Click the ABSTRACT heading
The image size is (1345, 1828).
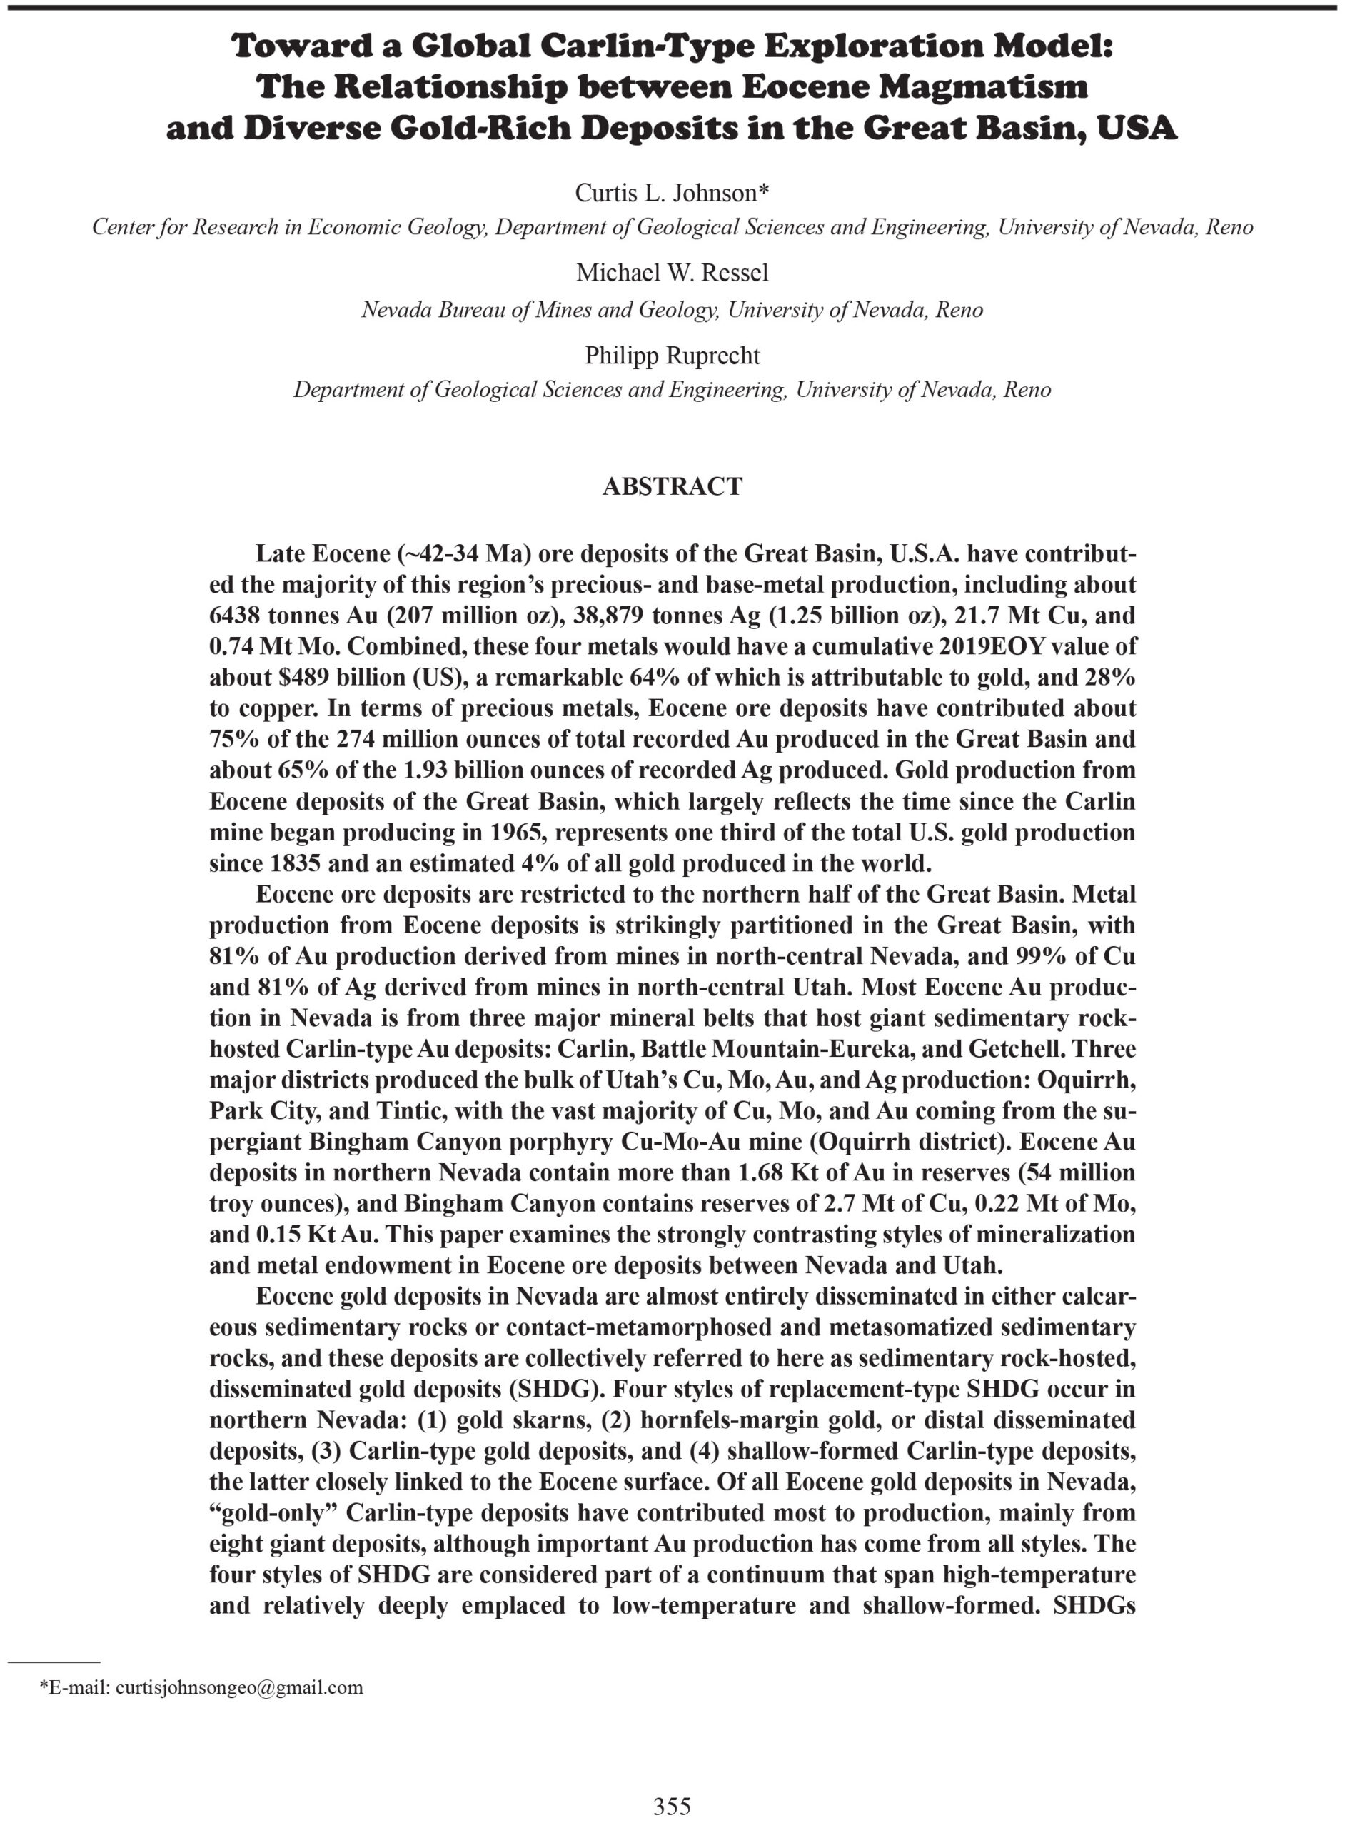click(672, 486)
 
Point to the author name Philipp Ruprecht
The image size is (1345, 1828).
click(672, 356)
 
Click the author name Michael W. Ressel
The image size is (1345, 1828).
click(672, 273)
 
